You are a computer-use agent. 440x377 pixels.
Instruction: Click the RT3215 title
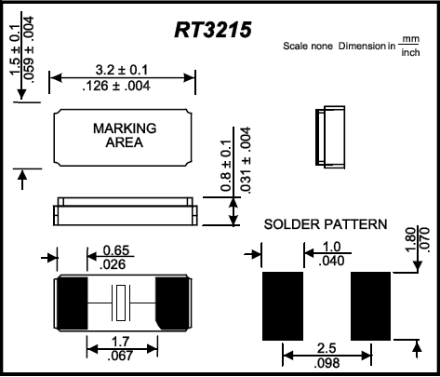click(219, 30)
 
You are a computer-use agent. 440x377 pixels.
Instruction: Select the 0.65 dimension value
click(115, 250)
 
